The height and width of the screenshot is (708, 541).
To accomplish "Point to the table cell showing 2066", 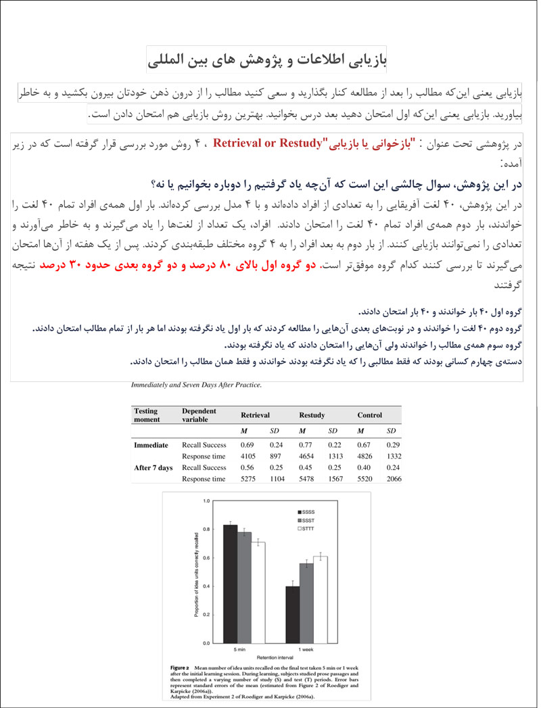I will (x=393, y=479).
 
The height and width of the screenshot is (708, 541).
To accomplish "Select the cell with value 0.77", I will (x=305, y=444).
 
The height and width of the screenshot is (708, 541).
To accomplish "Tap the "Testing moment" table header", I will (x=147, y=414).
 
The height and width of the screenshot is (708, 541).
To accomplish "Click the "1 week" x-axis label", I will (x=306, y=650).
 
